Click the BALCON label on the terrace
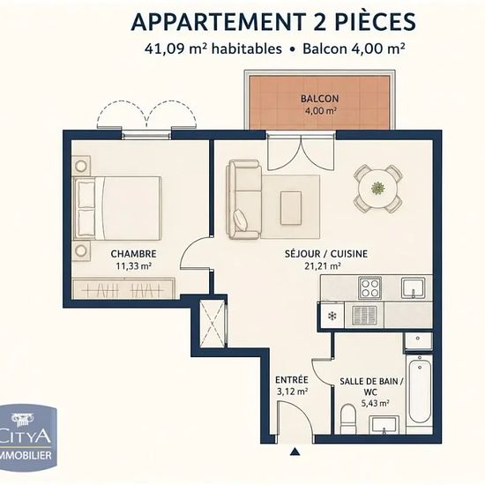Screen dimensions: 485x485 319,99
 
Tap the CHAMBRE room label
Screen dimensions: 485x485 134,254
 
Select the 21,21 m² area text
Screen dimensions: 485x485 323,266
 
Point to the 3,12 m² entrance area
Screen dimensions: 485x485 292,392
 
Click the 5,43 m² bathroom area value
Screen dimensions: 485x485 375,403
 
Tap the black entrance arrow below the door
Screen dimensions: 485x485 295,451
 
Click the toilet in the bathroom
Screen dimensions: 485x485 348,419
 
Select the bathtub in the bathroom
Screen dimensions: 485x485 419,392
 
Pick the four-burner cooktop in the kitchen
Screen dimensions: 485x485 370,288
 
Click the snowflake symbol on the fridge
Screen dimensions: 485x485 332,316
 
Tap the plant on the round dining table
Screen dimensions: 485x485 377,188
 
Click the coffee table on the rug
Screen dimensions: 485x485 291,208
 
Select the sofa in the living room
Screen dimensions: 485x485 244,200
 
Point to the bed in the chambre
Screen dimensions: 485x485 117,208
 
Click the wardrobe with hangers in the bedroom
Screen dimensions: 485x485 123,289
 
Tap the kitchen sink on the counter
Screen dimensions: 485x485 414,288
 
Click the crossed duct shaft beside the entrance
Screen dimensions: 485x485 213,324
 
